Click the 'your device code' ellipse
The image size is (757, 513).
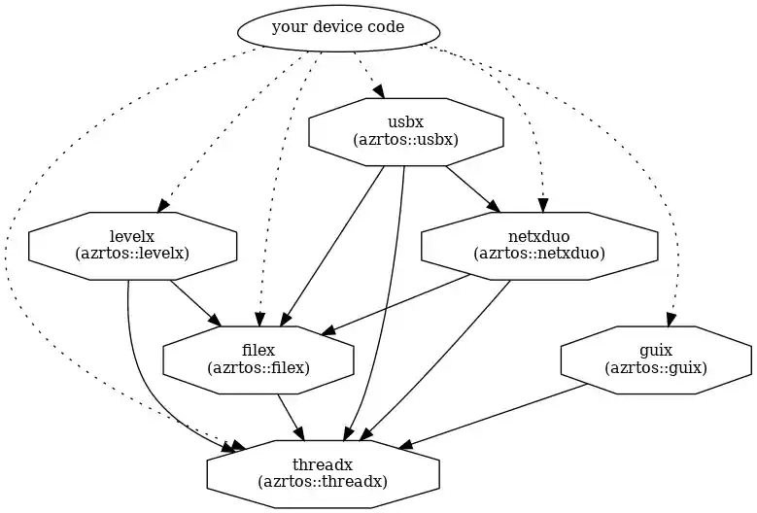(x=337, y=27)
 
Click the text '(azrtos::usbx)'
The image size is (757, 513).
(x=405, y=140)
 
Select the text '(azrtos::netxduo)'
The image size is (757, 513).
(x=538, y=254)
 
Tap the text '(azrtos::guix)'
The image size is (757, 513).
(x=655, y=368)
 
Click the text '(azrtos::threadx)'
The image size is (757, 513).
(x=323, y=482)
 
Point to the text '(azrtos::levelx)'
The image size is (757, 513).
(x=132, y=254)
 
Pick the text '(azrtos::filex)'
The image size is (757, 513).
(x=258, y=368)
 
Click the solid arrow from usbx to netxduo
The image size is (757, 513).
(x=471, y=188)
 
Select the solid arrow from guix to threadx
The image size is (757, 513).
(x=496, y=417)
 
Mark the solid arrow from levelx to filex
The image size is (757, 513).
(x=194, y=302)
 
